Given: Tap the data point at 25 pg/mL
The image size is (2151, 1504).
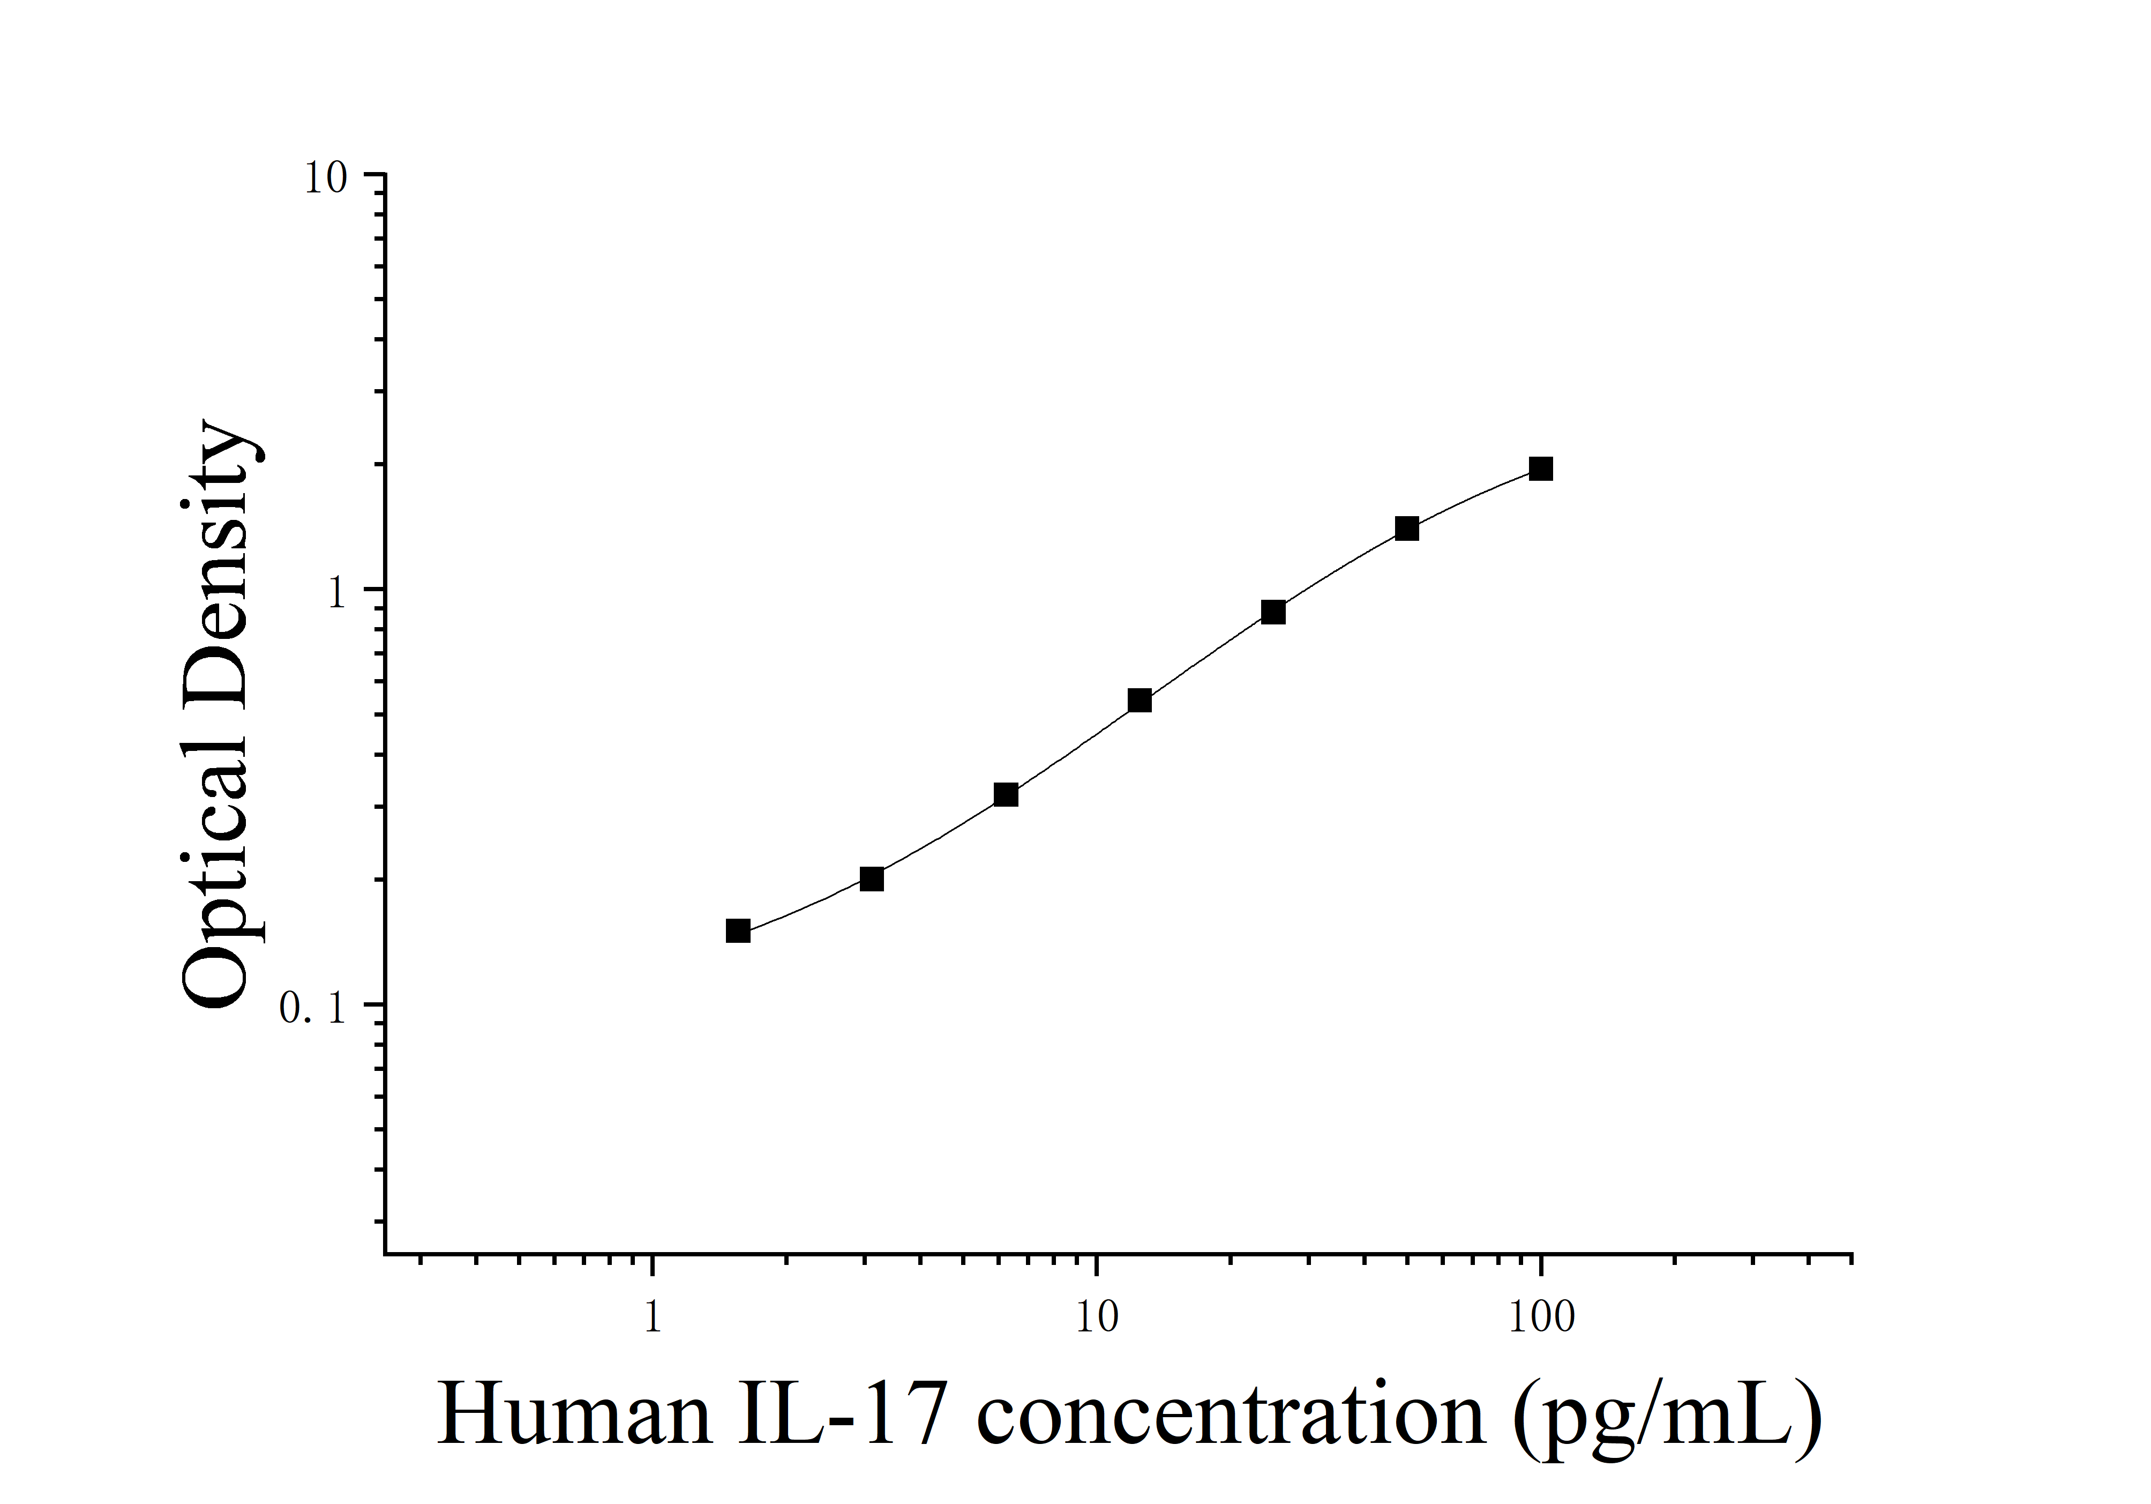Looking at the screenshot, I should pos(1272,612).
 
